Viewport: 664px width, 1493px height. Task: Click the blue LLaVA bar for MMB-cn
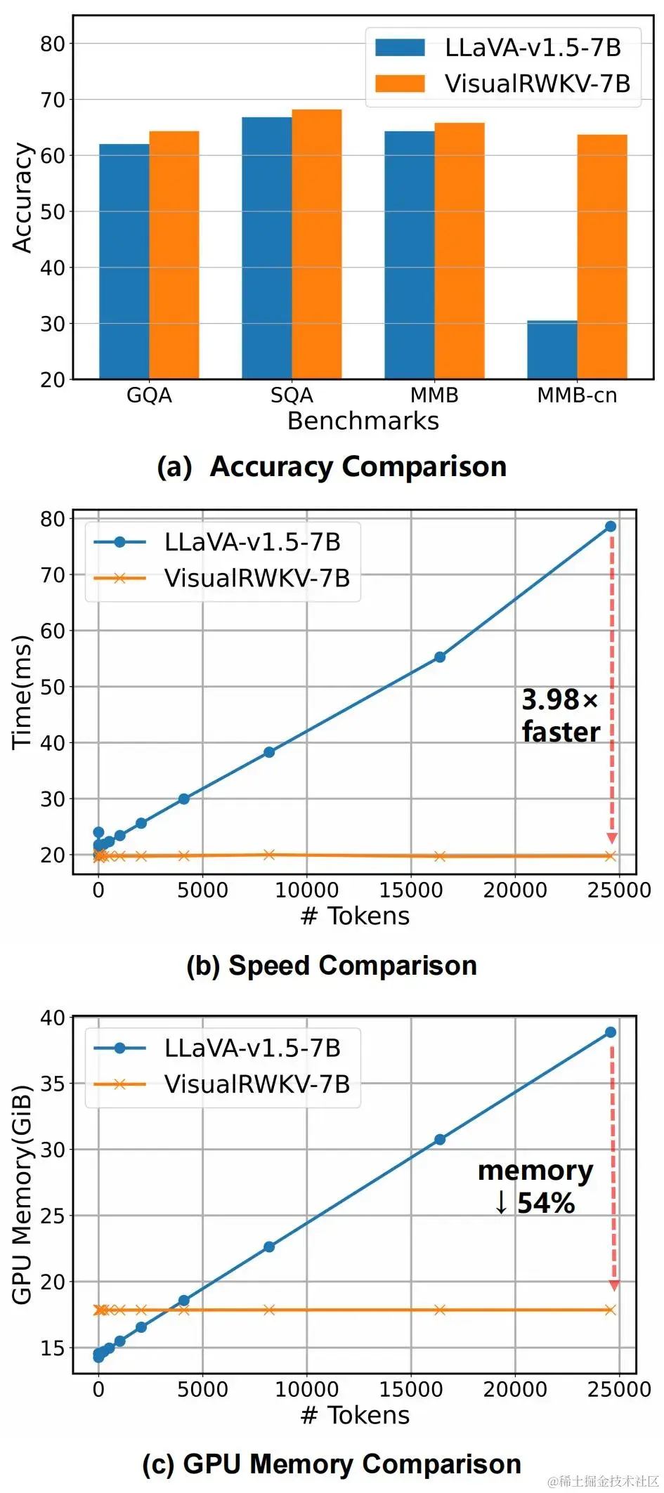552,350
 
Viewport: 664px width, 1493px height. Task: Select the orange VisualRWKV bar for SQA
316,244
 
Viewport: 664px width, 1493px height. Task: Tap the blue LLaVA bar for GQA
124,261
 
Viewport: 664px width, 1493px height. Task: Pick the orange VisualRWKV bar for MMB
459,251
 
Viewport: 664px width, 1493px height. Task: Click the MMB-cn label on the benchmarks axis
577,395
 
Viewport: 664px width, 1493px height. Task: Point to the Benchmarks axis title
363,421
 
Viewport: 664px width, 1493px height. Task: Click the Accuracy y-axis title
22,198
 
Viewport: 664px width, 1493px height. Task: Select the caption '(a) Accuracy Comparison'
332,466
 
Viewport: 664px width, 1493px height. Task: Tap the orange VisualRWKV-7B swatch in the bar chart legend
400,84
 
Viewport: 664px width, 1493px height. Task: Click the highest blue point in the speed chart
611,526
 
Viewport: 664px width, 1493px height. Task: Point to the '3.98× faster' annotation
560,715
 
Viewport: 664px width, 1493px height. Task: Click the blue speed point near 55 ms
439,657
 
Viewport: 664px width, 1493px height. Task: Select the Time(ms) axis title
22,692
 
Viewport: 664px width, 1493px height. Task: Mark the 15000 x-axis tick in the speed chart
411,890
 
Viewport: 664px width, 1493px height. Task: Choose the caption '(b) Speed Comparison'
332,965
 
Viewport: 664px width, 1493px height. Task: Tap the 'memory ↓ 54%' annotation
535,1186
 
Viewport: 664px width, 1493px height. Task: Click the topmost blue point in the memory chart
611,1032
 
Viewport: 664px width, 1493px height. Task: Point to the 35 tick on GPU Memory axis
52,1083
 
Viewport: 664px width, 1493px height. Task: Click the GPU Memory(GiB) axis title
22,1194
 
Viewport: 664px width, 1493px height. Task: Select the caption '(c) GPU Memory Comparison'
332,1464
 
